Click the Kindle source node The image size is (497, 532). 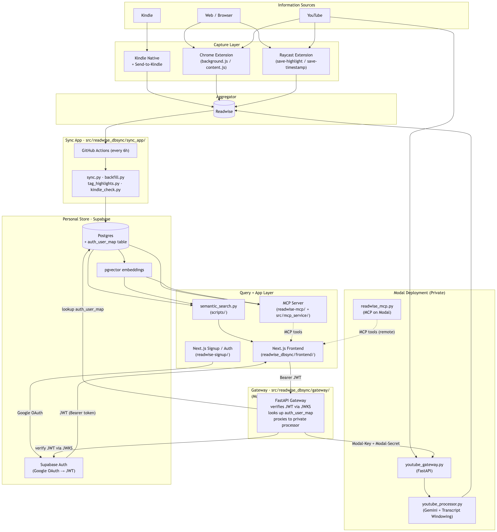pos(147,15)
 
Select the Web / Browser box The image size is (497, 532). pos(218,15)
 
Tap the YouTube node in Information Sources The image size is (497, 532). pos(315,15)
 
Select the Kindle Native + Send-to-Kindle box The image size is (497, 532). pos(147,61)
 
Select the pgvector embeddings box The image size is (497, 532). pos(124,270)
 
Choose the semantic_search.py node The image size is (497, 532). pos(218,309)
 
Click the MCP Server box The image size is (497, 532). pos(293,309)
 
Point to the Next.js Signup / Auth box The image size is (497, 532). pos(212,351)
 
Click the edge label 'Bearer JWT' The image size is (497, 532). pos(290,378)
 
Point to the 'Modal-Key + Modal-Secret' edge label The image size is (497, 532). pos(376,443)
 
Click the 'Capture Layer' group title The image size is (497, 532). pos(227,45)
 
